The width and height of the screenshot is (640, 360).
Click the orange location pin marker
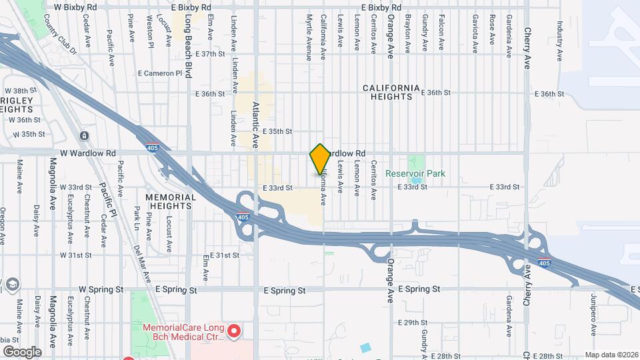[320, 159]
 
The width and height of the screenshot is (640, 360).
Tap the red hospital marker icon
[234, 331]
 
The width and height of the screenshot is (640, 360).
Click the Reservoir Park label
[415, 173]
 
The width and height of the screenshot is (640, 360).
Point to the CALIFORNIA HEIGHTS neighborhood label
[391, 92]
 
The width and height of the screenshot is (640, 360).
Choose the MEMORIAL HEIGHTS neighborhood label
[171, 201]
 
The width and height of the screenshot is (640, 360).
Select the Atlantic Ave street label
[256, 124]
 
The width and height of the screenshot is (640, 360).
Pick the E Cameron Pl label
[159, 73]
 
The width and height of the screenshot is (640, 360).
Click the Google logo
[21, 351]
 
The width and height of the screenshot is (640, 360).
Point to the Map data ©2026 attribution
[611, 355]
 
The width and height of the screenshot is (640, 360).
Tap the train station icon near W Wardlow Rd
[85, 136]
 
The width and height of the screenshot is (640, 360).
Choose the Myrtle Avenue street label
[309, 38]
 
